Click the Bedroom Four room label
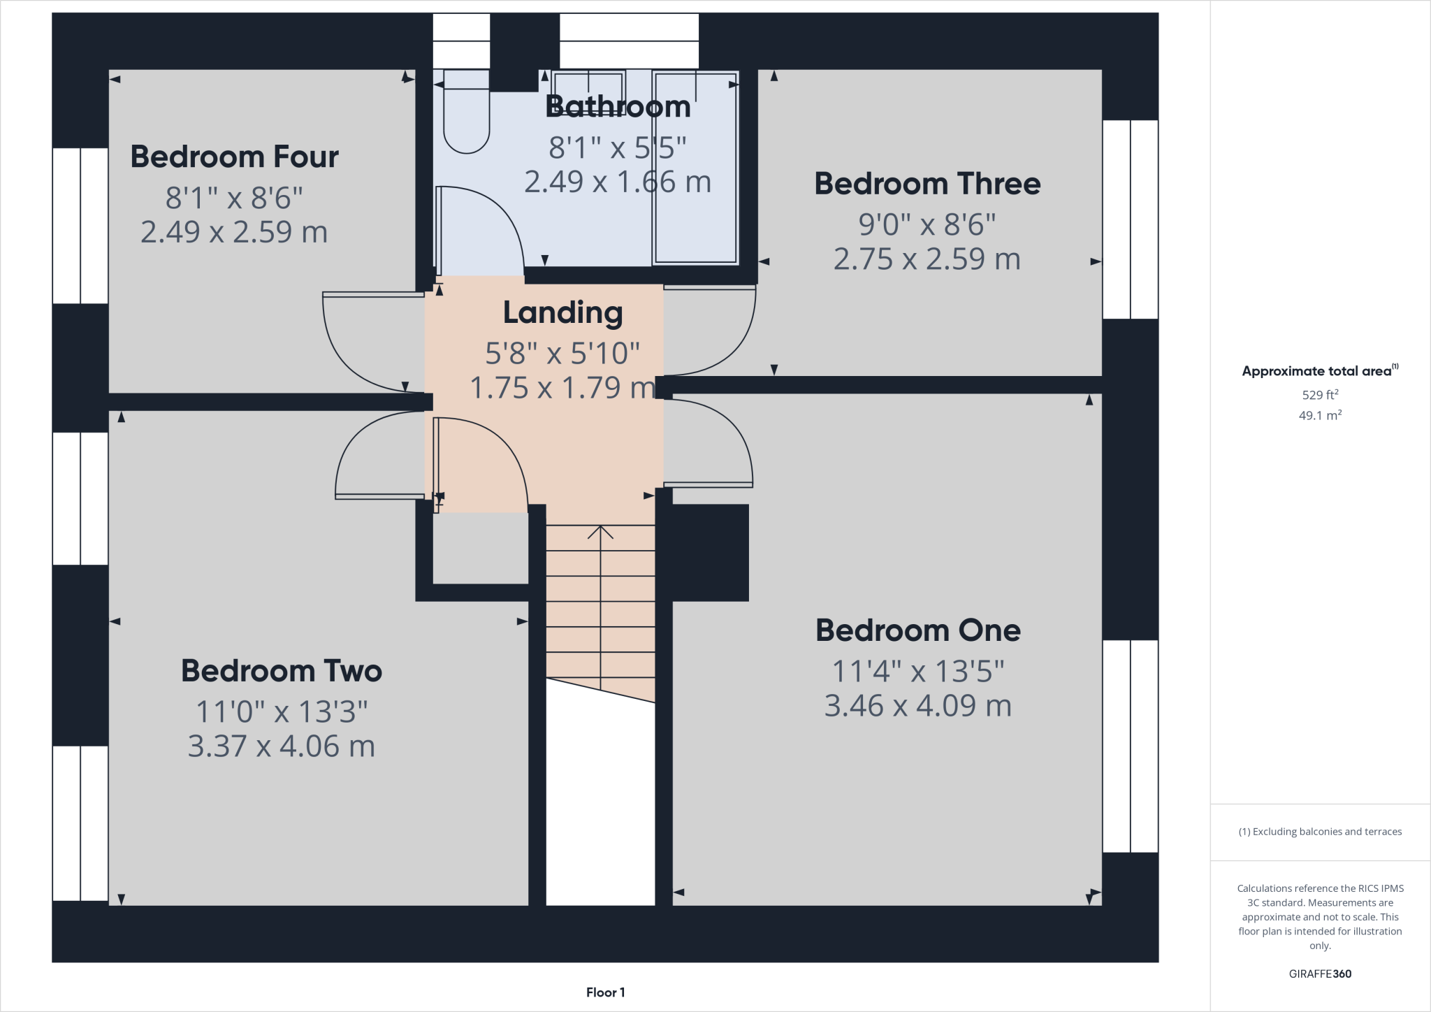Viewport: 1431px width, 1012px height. pos(234,157)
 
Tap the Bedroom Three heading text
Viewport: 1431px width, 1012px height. pos(927,184)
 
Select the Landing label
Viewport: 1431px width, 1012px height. pos(562,312)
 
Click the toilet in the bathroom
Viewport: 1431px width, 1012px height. pos(466,115)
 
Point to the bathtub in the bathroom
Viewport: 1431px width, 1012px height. pos(695,168)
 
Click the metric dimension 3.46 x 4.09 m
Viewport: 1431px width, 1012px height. pos(917,706)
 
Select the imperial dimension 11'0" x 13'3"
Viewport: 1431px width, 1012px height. pos(281,712)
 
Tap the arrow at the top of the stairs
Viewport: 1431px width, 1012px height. pos(600,533)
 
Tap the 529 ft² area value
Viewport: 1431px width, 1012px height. pos(1320,395)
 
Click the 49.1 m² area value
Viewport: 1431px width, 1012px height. pos(1320,415)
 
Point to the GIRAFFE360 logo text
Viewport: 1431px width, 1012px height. pos(1320,974)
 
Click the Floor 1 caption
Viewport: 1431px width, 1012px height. pos(605,992)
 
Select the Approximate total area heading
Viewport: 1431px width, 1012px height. pos(1319,371)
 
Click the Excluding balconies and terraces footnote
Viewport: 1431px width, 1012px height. pos(1320,832)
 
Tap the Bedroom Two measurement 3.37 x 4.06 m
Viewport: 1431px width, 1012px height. pos(281,746)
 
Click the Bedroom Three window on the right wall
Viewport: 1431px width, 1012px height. pos(1130,219)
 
